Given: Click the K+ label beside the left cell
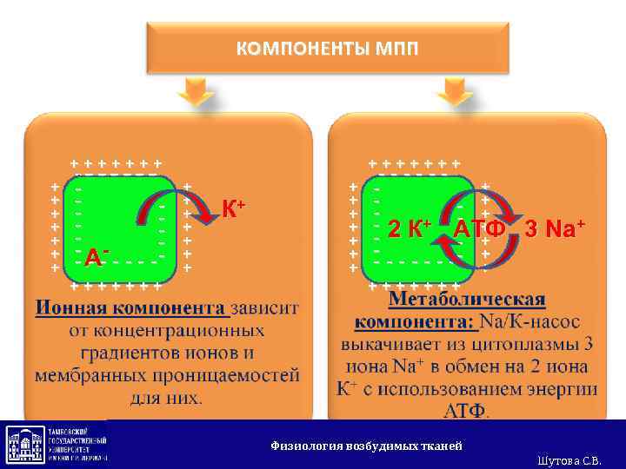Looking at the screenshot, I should point(233,208).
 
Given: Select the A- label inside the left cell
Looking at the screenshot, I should point(96,256).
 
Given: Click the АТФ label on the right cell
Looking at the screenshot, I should point(479,229).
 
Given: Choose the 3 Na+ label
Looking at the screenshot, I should point(555,229).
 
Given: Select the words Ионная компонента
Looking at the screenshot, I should point(132,308).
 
